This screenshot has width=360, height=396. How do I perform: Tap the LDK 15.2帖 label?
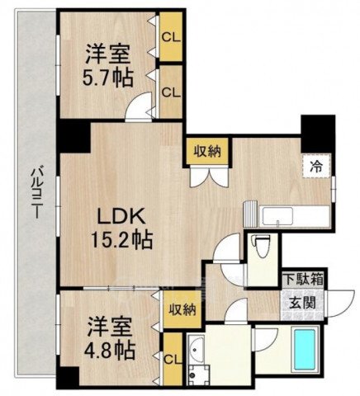tap(121, 227)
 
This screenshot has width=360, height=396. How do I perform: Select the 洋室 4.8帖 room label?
tap(111, 337)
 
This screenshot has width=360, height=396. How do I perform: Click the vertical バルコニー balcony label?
tap(36, 191)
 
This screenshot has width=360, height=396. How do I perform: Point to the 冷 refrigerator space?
tap(316, 167)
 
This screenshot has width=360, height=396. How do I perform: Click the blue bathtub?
tap(305, 350)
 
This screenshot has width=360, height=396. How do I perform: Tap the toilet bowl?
tap(261, 246)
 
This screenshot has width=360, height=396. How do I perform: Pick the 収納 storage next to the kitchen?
tap(208, 151)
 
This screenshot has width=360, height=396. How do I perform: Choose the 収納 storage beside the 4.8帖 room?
tap(182, 310)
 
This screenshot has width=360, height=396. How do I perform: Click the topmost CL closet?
tap(171, 37)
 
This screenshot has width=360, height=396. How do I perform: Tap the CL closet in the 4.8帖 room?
tap(173, 359)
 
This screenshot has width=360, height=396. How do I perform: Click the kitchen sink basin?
tap(277, 217)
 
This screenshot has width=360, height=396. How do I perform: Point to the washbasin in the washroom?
tap(196, 350)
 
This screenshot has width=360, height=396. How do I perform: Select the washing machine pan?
tap(199, 375)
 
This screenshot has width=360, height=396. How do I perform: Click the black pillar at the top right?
tap(318, 134)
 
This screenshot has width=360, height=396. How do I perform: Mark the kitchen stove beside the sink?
tap(250, 214)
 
